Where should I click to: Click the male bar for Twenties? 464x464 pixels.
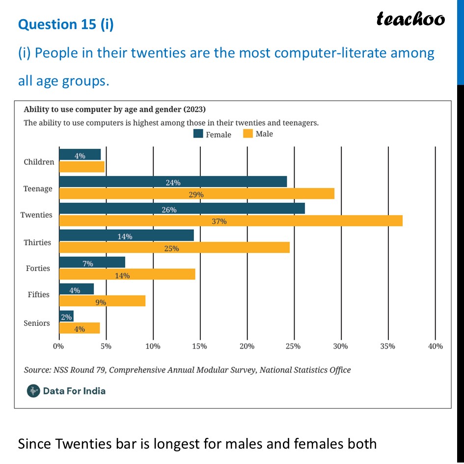pos(231,221)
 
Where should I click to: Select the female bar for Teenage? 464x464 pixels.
pos(173,182)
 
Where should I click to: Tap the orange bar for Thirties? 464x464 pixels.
pos(174,248)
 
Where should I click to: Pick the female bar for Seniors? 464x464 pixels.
pos(66,317)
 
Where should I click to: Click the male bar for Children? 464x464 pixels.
pos(82,167)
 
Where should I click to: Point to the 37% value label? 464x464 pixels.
pos(219,221)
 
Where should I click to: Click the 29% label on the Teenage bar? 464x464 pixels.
pos(196,194)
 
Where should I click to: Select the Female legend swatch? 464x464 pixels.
pos(198,134)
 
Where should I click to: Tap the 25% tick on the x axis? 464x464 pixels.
pos(294,346)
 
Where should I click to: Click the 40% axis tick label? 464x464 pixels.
pos(435,346)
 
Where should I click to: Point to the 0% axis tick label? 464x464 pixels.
pos(59,346)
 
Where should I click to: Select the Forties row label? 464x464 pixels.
pos(38,268)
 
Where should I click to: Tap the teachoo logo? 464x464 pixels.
pos(410,19)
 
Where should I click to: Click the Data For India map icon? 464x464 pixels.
pos(33,391)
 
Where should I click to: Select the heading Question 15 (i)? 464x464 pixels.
pos(66,25)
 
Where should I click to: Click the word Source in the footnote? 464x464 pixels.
pos(38,370)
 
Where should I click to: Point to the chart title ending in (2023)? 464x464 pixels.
pos(115,109)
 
